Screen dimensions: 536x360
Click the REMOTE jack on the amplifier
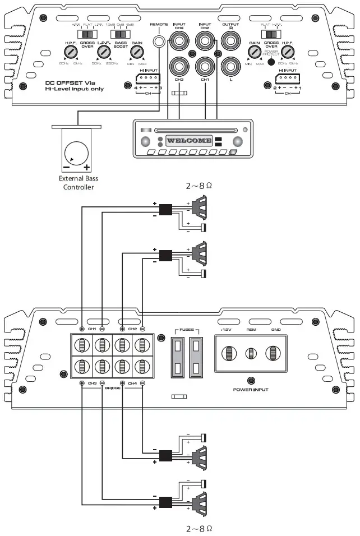point(160,41)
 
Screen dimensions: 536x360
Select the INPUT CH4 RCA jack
point(179,40)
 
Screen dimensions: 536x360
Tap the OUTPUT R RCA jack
point(230,40)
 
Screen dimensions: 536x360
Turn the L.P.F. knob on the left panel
point(102,53)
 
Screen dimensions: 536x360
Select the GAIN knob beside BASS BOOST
point(136,53)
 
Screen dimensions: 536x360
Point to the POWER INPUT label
point(250,388)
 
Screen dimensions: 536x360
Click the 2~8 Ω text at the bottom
point(199,528)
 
